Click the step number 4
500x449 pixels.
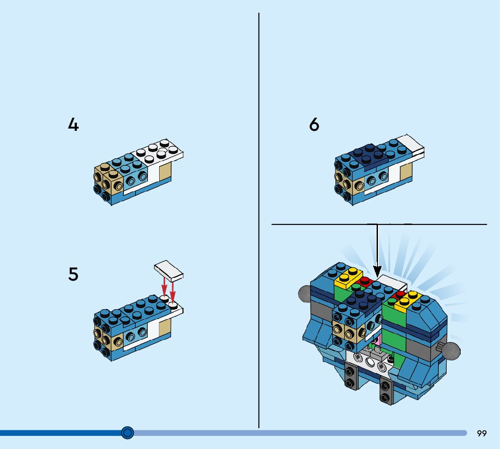tap(73, 124)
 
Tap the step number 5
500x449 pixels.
tap(73, 274)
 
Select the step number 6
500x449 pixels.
tap(314, 124)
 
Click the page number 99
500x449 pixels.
tap(481, 434)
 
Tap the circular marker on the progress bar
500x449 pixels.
tap(128, 433)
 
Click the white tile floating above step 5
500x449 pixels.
tap(169, 270)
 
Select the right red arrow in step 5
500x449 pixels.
tap(173, 292)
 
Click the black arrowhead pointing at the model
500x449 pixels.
tap(377, 272)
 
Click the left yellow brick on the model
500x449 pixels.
tap(348, 277)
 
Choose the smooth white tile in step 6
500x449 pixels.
tap(411, 145)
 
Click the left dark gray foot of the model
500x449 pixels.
tap(350, 377)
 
